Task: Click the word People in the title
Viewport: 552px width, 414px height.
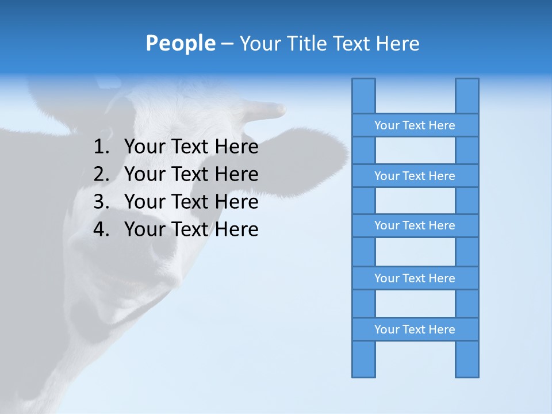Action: [180, 43]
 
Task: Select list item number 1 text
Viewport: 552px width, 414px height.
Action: [191, 147]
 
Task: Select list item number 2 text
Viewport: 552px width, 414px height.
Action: [191, 174]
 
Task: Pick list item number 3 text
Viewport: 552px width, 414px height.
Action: [191, 202]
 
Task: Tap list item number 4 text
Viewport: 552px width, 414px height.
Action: [191, 229]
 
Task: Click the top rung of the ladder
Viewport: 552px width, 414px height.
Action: [415, 125]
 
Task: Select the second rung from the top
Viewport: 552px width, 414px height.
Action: [415, 176]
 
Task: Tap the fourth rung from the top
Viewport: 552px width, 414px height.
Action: [415, 278]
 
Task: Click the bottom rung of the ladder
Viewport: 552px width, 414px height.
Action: [415, 329]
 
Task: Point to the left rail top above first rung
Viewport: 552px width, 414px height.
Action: [363, 95]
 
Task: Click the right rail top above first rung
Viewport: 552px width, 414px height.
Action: [467, 95]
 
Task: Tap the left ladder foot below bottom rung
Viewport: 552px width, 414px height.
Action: [363, 359]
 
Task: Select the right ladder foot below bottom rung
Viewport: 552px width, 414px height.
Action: [467, 359]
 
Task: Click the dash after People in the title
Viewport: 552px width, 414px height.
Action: [227, 44]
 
